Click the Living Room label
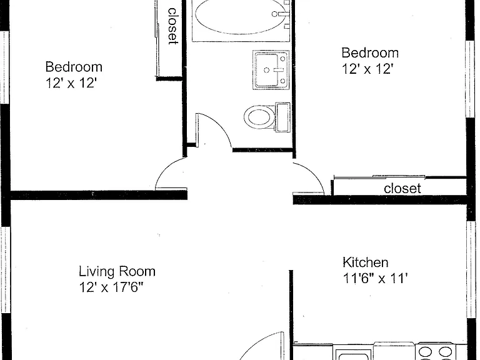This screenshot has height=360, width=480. pos(117,271)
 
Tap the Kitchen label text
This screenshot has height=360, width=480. pos(366,262)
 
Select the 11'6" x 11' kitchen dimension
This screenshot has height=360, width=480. pos(375,279)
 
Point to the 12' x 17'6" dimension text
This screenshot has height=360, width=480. pos(111,287)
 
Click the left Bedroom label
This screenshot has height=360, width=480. pos(74,67)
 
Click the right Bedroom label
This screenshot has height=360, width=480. pos(370,52)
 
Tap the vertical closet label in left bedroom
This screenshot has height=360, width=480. pos(173,26)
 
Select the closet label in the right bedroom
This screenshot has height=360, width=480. pos(402,188)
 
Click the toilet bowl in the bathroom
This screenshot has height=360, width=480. pos(259,117)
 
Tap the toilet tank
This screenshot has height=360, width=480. pos(283,117)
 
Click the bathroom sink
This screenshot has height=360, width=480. pos(271,70)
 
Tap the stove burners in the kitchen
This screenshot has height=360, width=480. pos(436,352)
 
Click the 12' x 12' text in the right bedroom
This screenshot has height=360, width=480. pos(367,69)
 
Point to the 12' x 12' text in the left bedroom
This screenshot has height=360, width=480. pos(71,82)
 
